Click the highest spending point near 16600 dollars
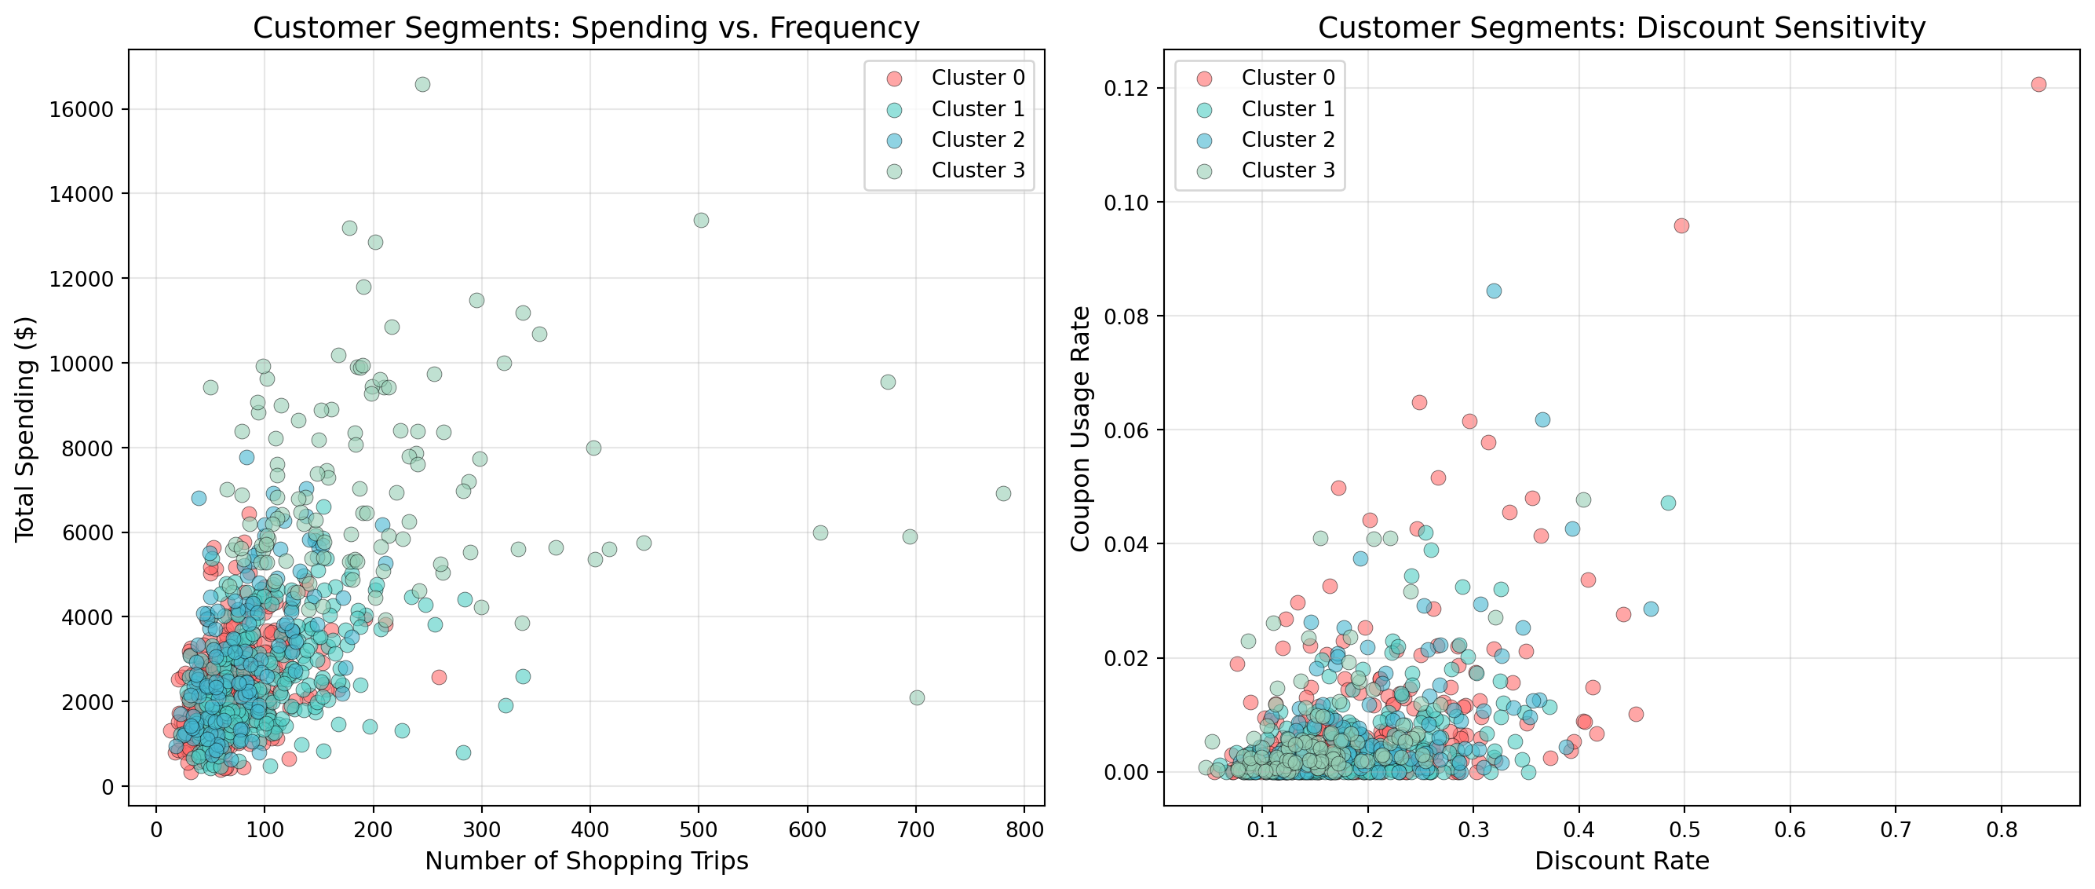click(x=422, y=85)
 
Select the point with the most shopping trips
click(x=1004, y=494)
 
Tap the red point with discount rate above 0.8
click(x=2038, y=85)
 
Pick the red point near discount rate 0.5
click(x=1681, y=225)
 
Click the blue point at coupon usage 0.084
click(x=1494, y=291)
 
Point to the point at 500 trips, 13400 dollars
click(x=701, y=221)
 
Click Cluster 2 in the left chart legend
click(x=977, y=140)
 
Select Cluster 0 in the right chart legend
click(x=1287, y=77)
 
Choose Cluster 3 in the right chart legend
click(x=1287, y=170)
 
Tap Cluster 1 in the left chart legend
click(x=977, y=109)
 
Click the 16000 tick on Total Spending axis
click(x=82, y=110)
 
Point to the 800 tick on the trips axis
click(x=1024, y=829)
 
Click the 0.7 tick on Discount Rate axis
click(x=1896, y=829)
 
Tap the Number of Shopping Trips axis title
click(x=586, y=862)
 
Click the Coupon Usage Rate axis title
click(x=1080, y=429)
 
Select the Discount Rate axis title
click(x=1622, y=862)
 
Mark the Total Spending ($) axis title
click(x=25, y=429)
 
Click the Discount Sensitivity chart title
click(x=1622, y=27)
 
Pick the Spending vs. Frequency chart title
click(x=586, y=27)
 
